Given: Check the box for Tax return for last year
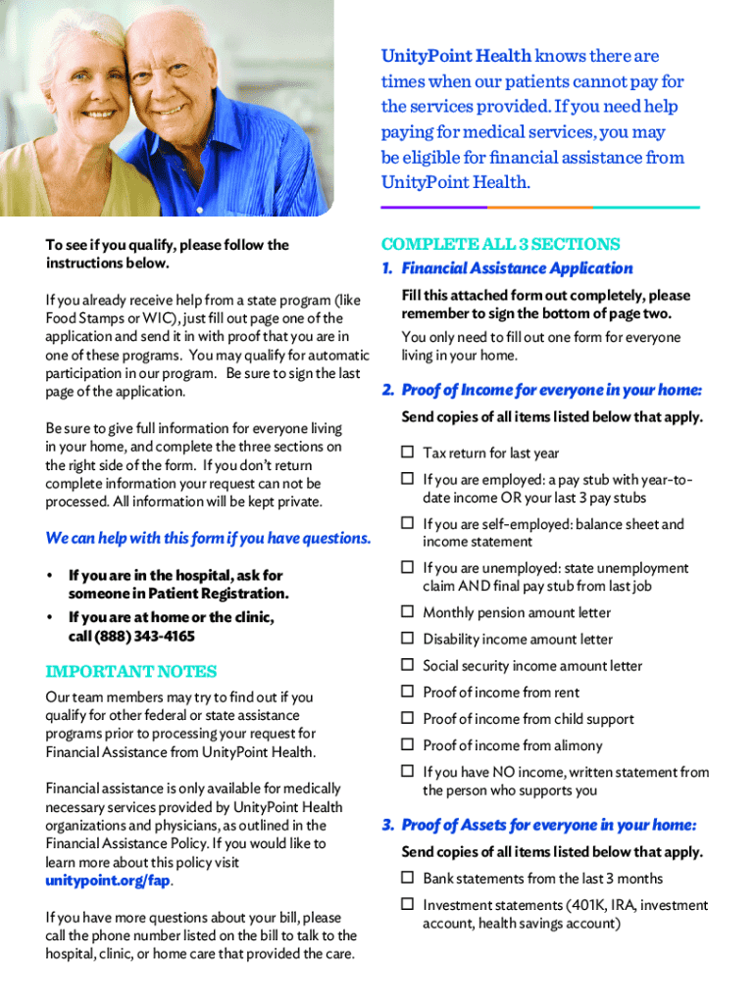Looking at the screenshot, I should pyautogui.click(x=407, y=453).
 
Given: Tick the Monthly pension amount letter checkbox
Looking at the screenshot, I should pyautogui.click(x=407, y=612).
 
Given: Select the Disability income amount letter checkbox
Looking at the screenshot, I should pyautogui.click(x=407, y=639).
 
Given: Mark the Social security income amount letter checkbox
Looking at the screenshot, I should pyautogui.click(x=407, y=665).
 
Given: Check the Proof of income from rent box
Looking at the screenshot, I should pyautogui.click(x=407, y=693).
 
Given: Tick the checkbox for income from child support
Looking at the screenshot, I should pyautogui.click(x=407, y=719).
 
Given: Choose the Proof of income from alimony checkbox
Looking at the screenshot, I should pyautogui.click(x=407, y=745).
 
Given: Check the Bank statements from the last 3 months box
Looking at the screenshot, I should pyautogui.click(x=407, y=879).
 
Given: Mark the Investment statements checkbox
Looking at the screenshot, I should pyautogui.click(x=407, y=905).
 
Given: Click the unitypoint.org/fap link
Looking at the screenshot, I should pyautogui.click(x=108, y=881).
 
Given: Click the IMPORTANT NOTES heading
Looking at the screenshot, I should pyautogui.click(x=131, y=672).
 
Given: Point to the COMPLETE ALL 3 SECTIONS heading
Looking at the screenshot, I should pyautogui.click(x=500, y=244).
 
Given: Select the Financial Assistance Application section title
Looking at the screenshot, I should pyautogui.click(x=517, y=268).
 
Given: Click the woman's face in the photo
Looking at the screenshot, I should pyautogui.click(x=71, y=83).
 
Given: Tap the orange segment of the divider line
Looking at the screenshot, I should pyautogui.click(x=540, y=208).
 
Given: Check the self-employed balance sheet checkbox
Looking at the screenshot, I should pyautogui.click(x=407, y=524).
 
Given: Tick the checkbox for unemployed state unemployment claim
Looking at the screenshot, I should pyautogui.click(x=407, y=568).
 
